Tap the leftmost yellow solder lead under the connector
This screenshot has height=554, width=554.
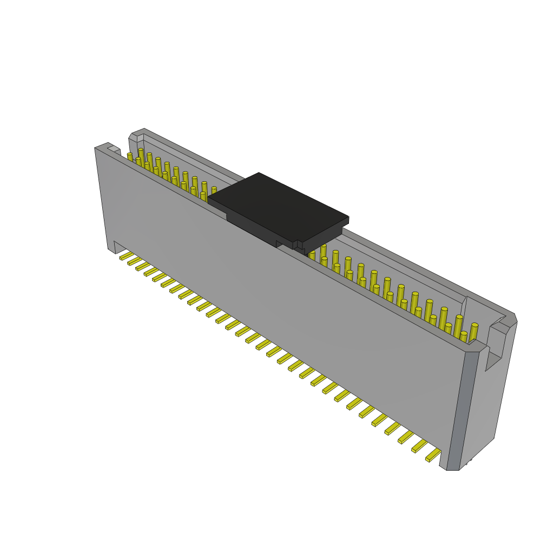click(x=126, y=255)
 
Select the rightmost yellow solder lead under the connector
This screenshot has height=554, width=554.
click(x=433, y=456)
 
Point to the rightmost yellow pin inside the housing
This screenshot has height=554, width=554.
click(x=474, y=332)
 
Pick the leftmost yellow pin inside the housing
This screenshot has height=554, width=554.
click(x=130, y=157)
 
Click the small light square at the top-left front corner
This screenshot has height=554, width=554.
click(x=114, y=149)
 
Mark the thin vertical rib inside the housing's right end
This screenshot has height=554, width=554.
click(x=464, y=308)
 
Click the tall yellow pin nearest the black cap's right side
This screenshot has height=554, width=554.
click(x=323, y=251)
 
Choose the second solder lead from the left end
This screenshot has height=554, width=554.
click(x=134, y=261)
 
